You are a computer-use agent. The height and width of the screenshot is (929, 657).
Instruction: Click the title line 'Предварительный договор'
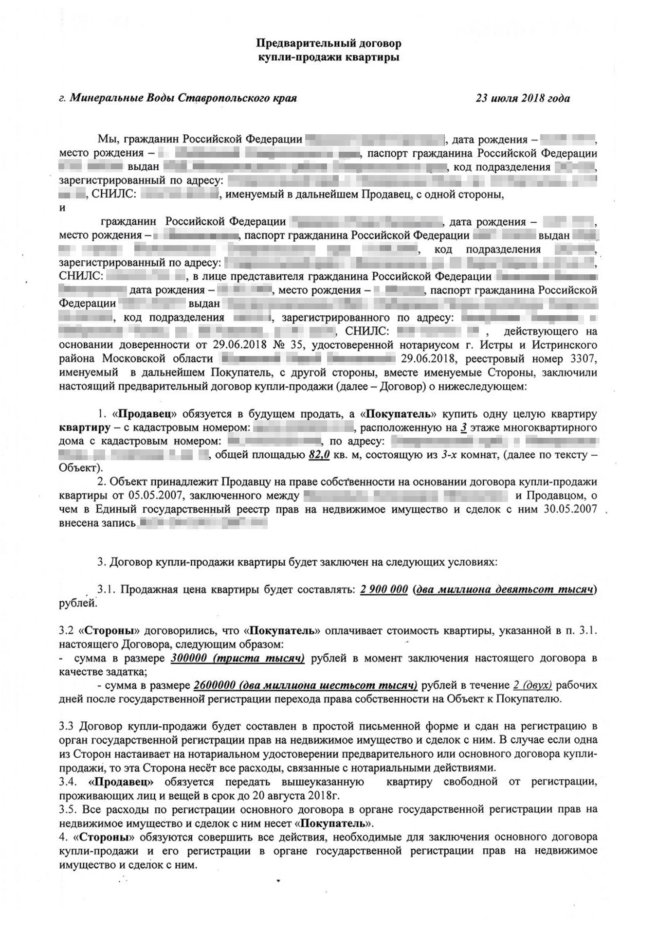click(328, 44)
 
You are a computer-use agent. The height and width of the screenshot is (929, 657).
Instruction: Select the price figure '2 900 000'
click(384, 590)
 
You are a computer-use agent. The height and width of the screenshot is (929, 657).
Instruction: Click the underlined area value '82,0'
click(320, 455)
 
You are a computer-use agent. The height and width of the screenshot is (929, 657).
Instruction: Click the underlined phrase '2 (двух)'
click(532, 686)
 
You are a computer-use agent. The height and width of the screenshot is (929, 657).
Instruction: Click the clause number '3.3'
click(66, 727)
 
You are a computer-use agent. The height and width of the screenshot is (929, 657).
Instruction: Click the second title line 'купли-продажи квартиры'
click(328, 58)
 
